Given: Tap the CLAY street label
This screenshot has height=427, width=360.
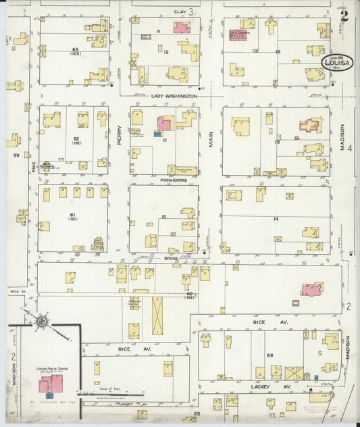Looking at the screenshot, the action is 180,11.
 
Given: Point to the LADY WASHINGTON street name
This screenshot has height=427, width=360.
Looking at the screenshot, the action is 174,97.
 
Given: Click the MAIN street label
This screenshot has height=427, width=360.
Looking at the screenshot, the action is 211,139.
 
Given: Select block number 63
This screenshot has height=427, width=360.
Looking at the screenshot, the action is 76,51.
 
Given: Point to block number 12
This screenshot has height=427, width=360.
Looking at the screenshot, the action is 165,51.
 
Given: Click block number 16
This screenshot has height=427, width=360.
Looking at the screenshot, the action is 277,51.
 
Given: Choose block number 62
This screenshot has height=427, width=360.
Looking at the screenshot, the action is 76,139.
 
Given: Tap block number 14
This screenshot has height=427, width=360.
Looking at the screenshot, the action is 276,220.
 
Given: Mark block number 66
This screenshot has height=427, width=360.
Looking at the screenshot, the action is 269,355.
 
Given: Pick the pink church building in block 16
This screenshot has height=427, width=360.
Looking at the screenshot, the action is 238,34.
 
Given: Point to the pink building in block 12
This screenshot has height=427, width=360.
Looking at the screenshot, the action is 181,28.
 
